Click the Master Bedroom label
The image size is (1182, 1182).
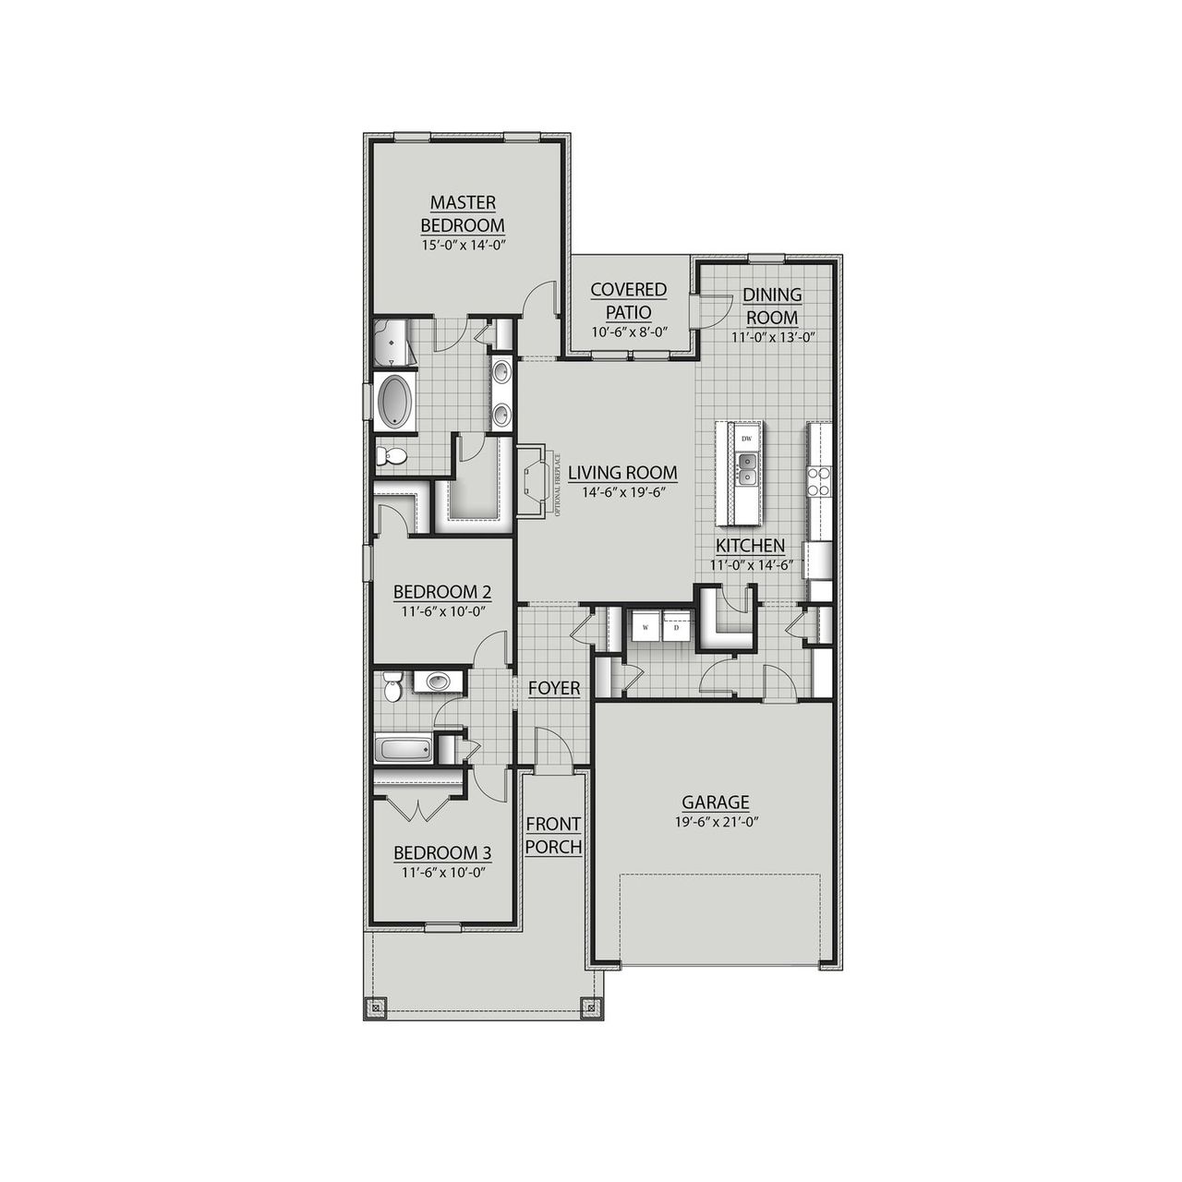462,213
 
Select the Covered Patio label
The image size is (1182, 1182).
629,300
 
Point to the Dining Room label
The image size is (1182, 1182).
772,306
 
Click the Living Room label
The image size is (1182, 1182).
622,473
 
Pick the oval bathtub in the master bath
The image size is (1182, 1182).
397,402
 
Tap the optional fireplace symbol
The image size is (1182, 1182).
537,476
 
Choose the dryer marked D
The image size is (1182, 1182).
677,628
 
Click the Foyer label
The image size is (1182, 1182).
554,688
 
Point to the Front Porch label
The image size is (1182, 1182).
553,835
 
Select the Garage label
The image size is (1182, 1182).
715,802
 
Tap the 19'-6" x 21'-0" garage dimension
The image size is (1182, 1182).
715,821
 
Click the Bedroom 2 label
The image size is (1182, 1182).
441,592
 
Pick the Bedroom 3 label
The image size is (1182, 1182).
441,852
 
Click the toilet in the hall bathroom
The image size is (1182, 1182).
392,686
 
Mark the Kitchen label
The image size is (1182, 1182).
748,546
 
